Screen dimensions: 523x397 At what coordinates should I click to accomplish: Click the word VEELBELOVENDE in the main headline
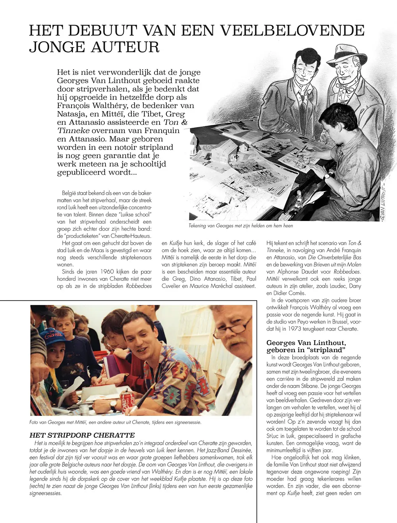tap(292, 31)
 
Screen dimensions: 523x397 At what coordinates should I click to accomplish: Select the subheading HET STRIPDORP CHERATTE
tap(82, 435)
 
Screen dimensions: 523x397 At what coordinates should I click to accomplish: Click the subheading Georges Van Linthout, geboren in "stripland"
tap(306, 346)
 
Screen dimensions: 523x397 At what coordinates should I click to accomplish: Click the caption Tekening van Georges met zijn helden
tap(241, 226)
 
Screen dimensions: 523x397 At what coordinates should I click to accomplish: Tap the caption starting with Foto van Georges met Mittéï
tap(115, 422)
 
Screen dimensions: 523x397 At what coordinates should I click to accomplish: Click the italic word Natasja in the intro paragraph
tap(71, 114)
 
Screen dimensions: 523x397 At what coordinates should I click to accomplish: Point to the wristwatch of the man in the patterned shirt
tap(113, 404)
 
